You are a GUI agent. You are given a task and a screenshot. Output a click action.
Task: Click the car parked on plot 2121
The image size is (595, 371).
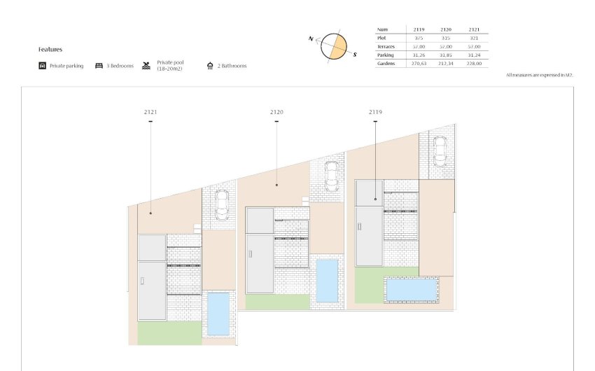pyautogui.click(x=221, y=204)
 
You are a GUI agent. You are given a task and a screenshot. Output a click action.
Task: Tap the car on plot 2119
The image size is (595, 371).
pyautogui.click(x=440, y=150)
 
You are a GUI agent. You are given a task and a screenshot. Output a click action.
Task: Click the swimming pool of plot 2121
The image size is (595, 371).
pyautogui.click(x=218, y=314)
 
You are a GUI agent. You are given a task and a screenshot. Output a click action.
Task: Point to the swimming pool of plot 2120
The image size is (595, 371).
pyautogui.click(x=327, y=281)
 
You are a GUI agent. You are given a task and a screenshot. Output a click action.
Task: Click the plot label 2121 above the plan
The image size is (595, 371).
pyautogui.click(x=150, y=112)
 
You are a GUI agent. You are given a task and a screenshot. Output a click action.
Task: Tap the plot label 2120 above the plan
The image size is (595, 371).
pyautogui.click(x=276, y=112)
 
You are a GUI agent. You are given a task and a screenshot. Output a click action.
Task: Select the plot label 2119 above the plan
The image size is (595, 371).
pyautogui.click(x=375, y=112)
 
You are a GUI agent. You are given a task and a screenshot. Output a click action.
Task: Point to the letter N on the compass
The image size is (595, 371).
pyautogui.click(x=310, y=39)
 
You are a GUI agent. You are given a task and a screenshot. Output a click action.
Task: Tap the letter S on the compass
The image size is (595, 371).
pyautogui.click(x=355, y=54)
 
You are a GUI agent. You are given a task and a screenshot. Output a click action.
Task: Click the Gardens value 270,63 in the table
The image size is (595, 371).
pyautogui.click(x=419, y=63)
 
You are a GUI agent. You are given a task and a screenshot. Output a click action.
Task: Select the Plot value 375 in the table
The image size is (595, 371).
pyautogui.click(x=419, y=38)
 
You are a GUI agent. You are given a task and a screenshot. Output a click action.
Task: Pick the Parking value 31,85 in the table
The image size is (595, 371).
pyautogui.click(x=447, y=55)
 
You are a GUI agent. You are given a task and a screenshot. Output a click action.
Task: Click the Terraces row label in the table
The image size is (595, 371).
pyautogui.click(x=388, y=46)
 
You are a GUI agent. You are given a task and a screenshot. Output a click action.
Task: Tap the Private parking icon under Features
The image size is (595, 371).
pyautogui.click(x=43, y=66)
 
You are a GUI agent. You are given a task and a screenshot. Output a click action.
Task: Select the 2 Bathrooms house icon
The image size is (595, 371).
pyautogui.click(x=210, y=66)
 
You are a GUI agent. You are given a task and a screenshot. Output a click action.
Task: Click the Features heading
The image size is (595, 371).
pyautogui.click(x=50, y=50)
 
